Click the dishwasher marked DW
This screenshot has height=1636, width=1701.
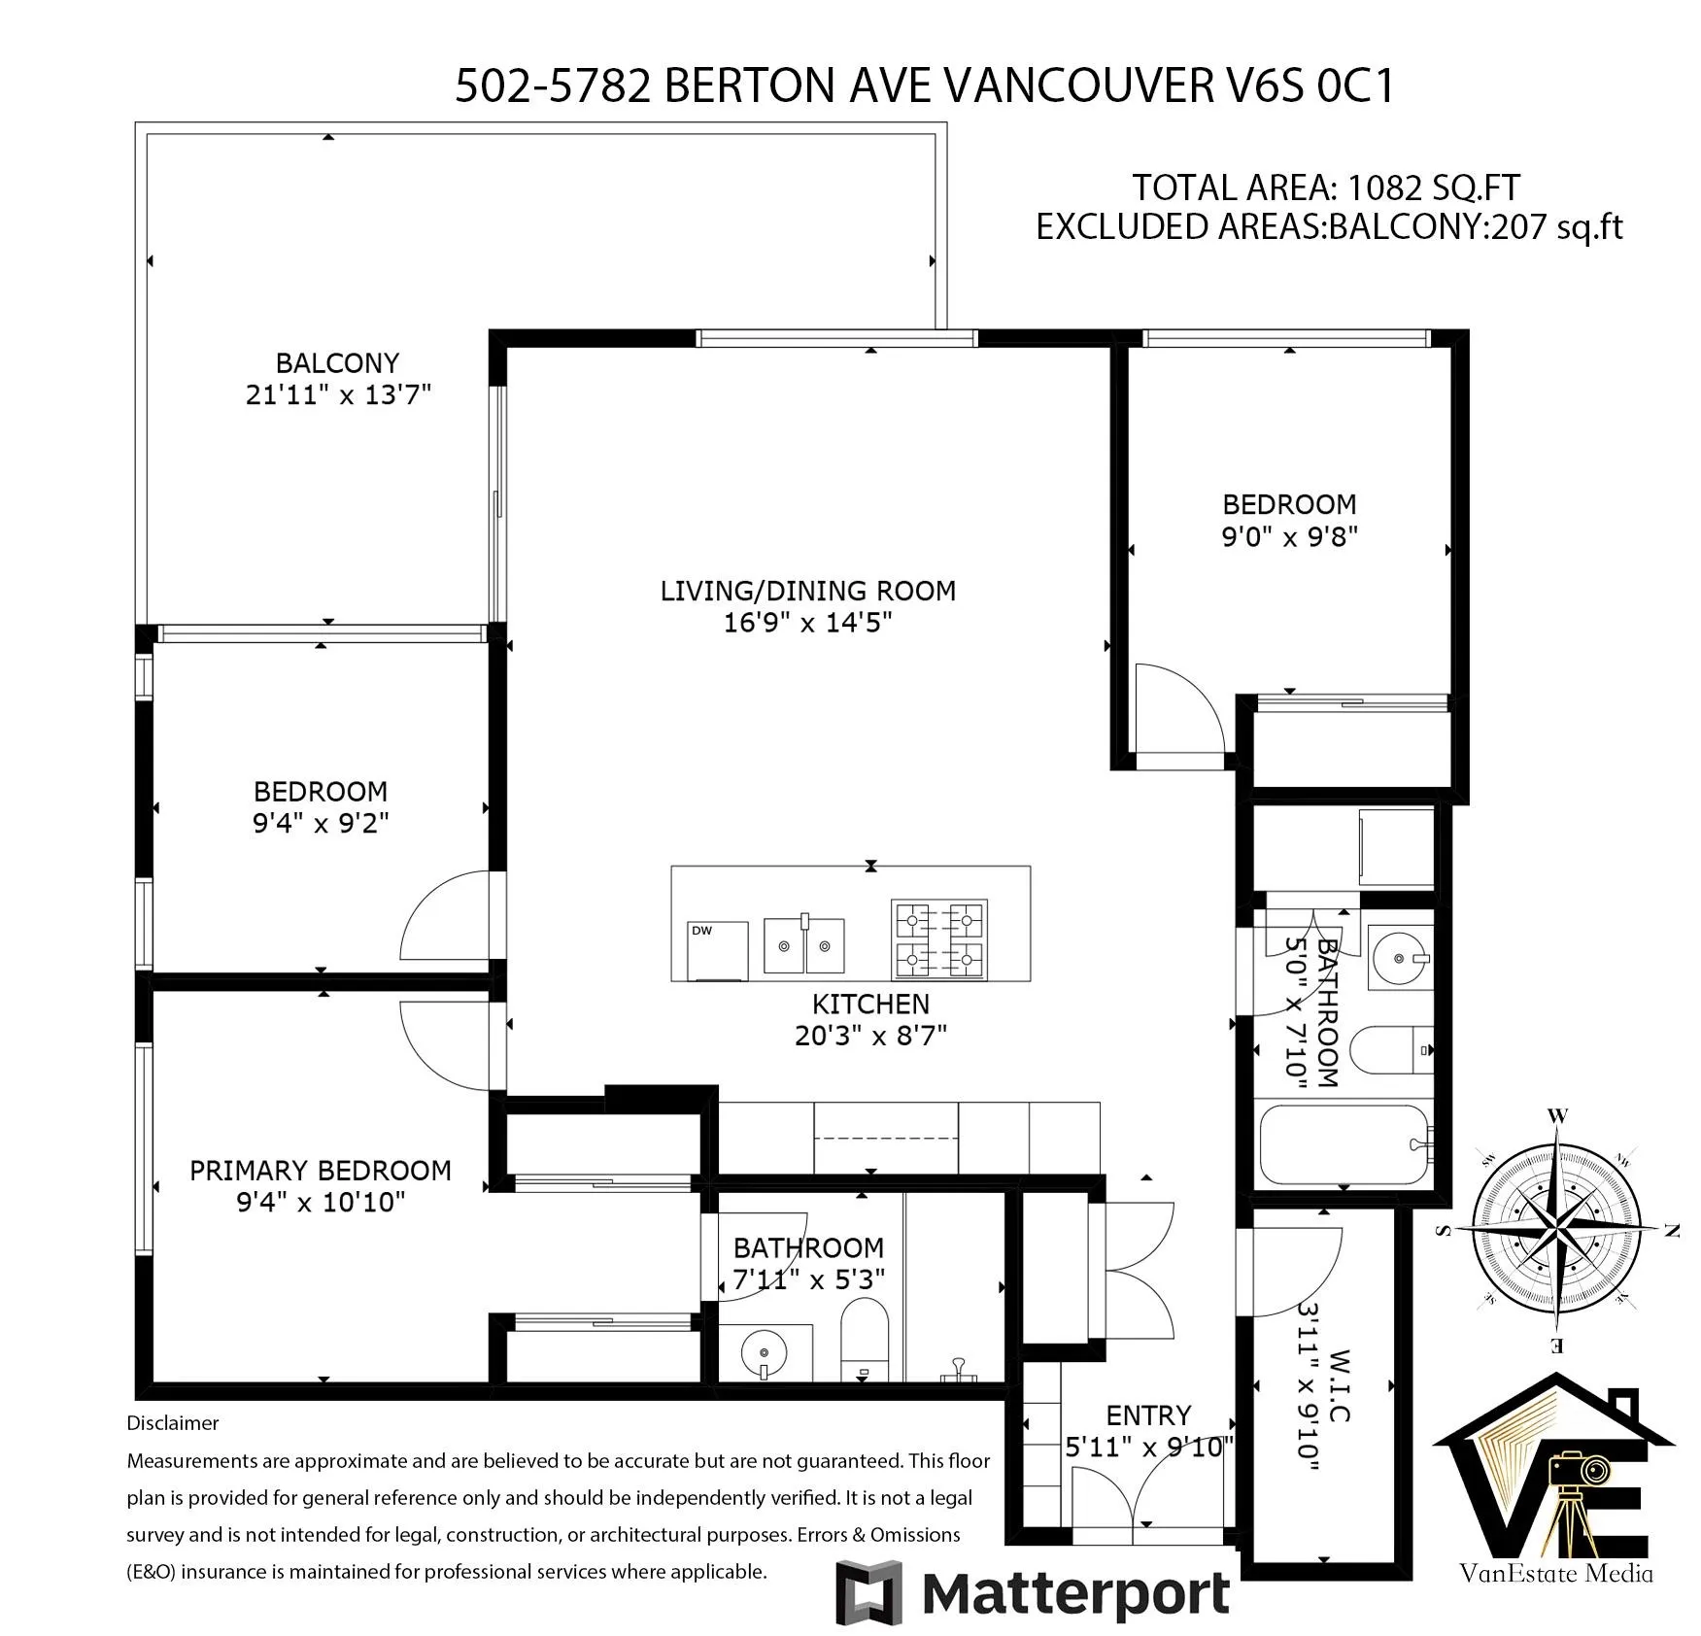point(718,951)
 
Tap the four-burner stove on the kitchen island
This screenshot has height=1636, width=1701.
point(939,938)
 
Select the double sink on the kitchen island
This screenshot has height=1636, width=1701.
point(803,944)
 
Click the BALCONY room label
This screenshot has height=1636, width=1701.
point(337,362)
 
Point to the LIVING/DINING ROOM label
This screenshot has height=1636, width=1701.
point(808,591)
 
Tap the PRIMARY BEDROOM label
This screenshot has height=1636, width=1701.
point(321,1171)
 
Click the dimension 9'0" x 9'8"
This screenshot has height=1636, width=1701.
point(1289,536)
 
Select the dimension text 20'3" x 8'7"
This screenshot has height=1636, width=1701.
point(870,1036)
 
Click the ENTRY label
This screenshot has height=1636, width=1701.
point(1148,1415)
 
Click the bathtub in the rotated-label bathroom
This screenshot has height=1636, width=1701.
point(1345,1144)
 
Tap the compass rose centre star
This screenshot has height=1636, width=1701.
point(1557,1231)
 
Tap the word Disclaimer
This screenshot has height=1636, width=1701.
point(173,1423)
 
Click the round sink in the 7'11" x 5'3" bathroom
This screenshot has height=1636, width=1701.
point(764,1351)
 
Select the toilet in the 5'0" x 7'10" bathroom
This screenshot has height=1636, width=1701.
point(1392,1049)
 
